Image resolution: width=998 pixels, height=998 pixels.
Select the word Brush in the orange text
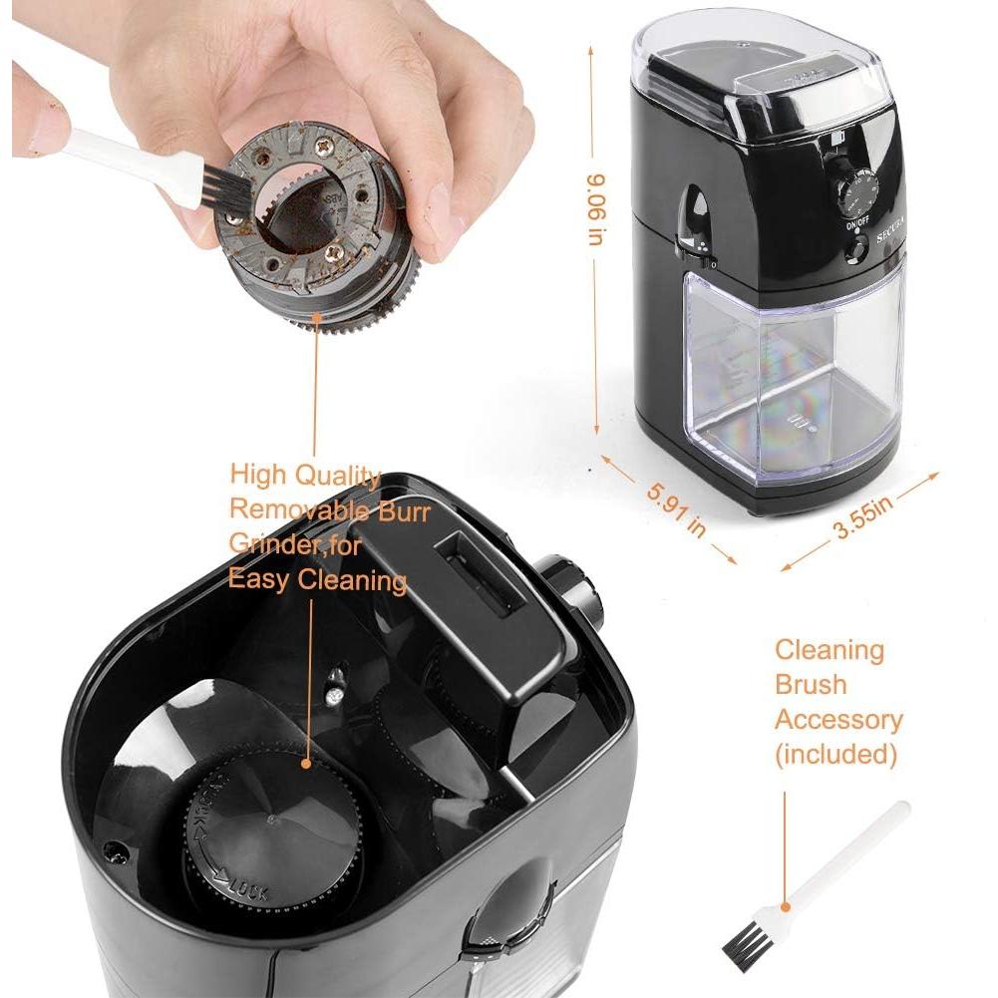point(811,685)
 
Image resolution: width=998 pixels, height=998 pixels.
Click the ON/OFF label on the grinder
point(857,224)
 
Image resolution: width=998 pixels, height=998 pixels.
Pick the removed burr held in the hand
point(319,224)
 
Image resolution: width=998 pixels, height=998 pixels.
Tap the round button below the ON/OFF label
point(855,250)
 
